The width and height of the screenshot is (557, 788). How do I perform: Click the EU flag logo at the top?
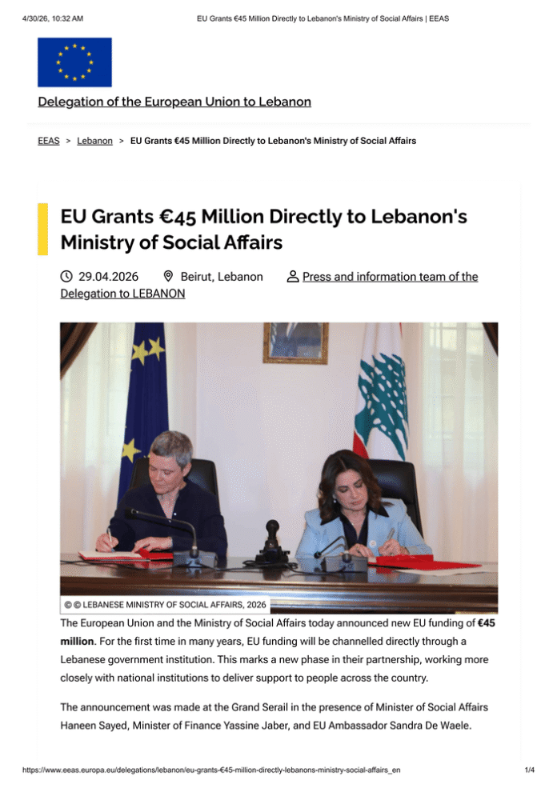pyautogui.click(x=74, y=62)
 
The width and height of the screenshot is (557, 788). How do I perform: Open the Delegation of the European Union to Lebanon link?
pyautogui.click(x=174, y=102)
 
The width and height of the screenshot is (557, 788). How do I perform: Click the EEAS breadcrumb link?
pyautogui.click(x=48, y=141)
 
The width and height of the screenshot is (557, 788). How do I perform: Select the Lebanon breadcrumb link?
pyautogui.click(x=94, y=141)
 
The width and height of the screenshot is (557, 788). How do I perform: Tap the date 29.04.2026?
pyautogui.click(x=108, y=277)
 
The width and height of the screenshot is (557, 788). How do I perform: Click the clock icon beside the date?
pyautogui.click(x=67, y=277)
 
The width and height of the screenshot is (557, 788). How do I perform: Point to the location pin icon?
pyautogui.click(x=168, y=277)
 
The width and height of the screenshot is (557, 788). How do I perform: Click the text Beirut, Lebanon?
pyautogui.click(x=222, y=277)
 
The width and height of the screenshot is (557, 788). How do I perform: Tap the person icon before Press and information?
pyautogui.click(x=292, y=277)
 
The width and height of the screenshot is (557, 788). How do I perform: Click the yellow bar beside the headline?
pyautogui.click(x=42, y=227)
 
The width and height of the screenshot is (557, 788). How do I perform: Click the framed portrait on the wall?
pyautogui.click(x=295, y=342)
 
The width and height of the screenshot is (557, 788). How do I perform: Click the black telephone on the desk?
pyautogui.click(x=272, y=544)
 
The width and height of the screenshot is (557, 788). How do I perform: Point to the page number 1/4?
pyautogui.click(x=529, y=770)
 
